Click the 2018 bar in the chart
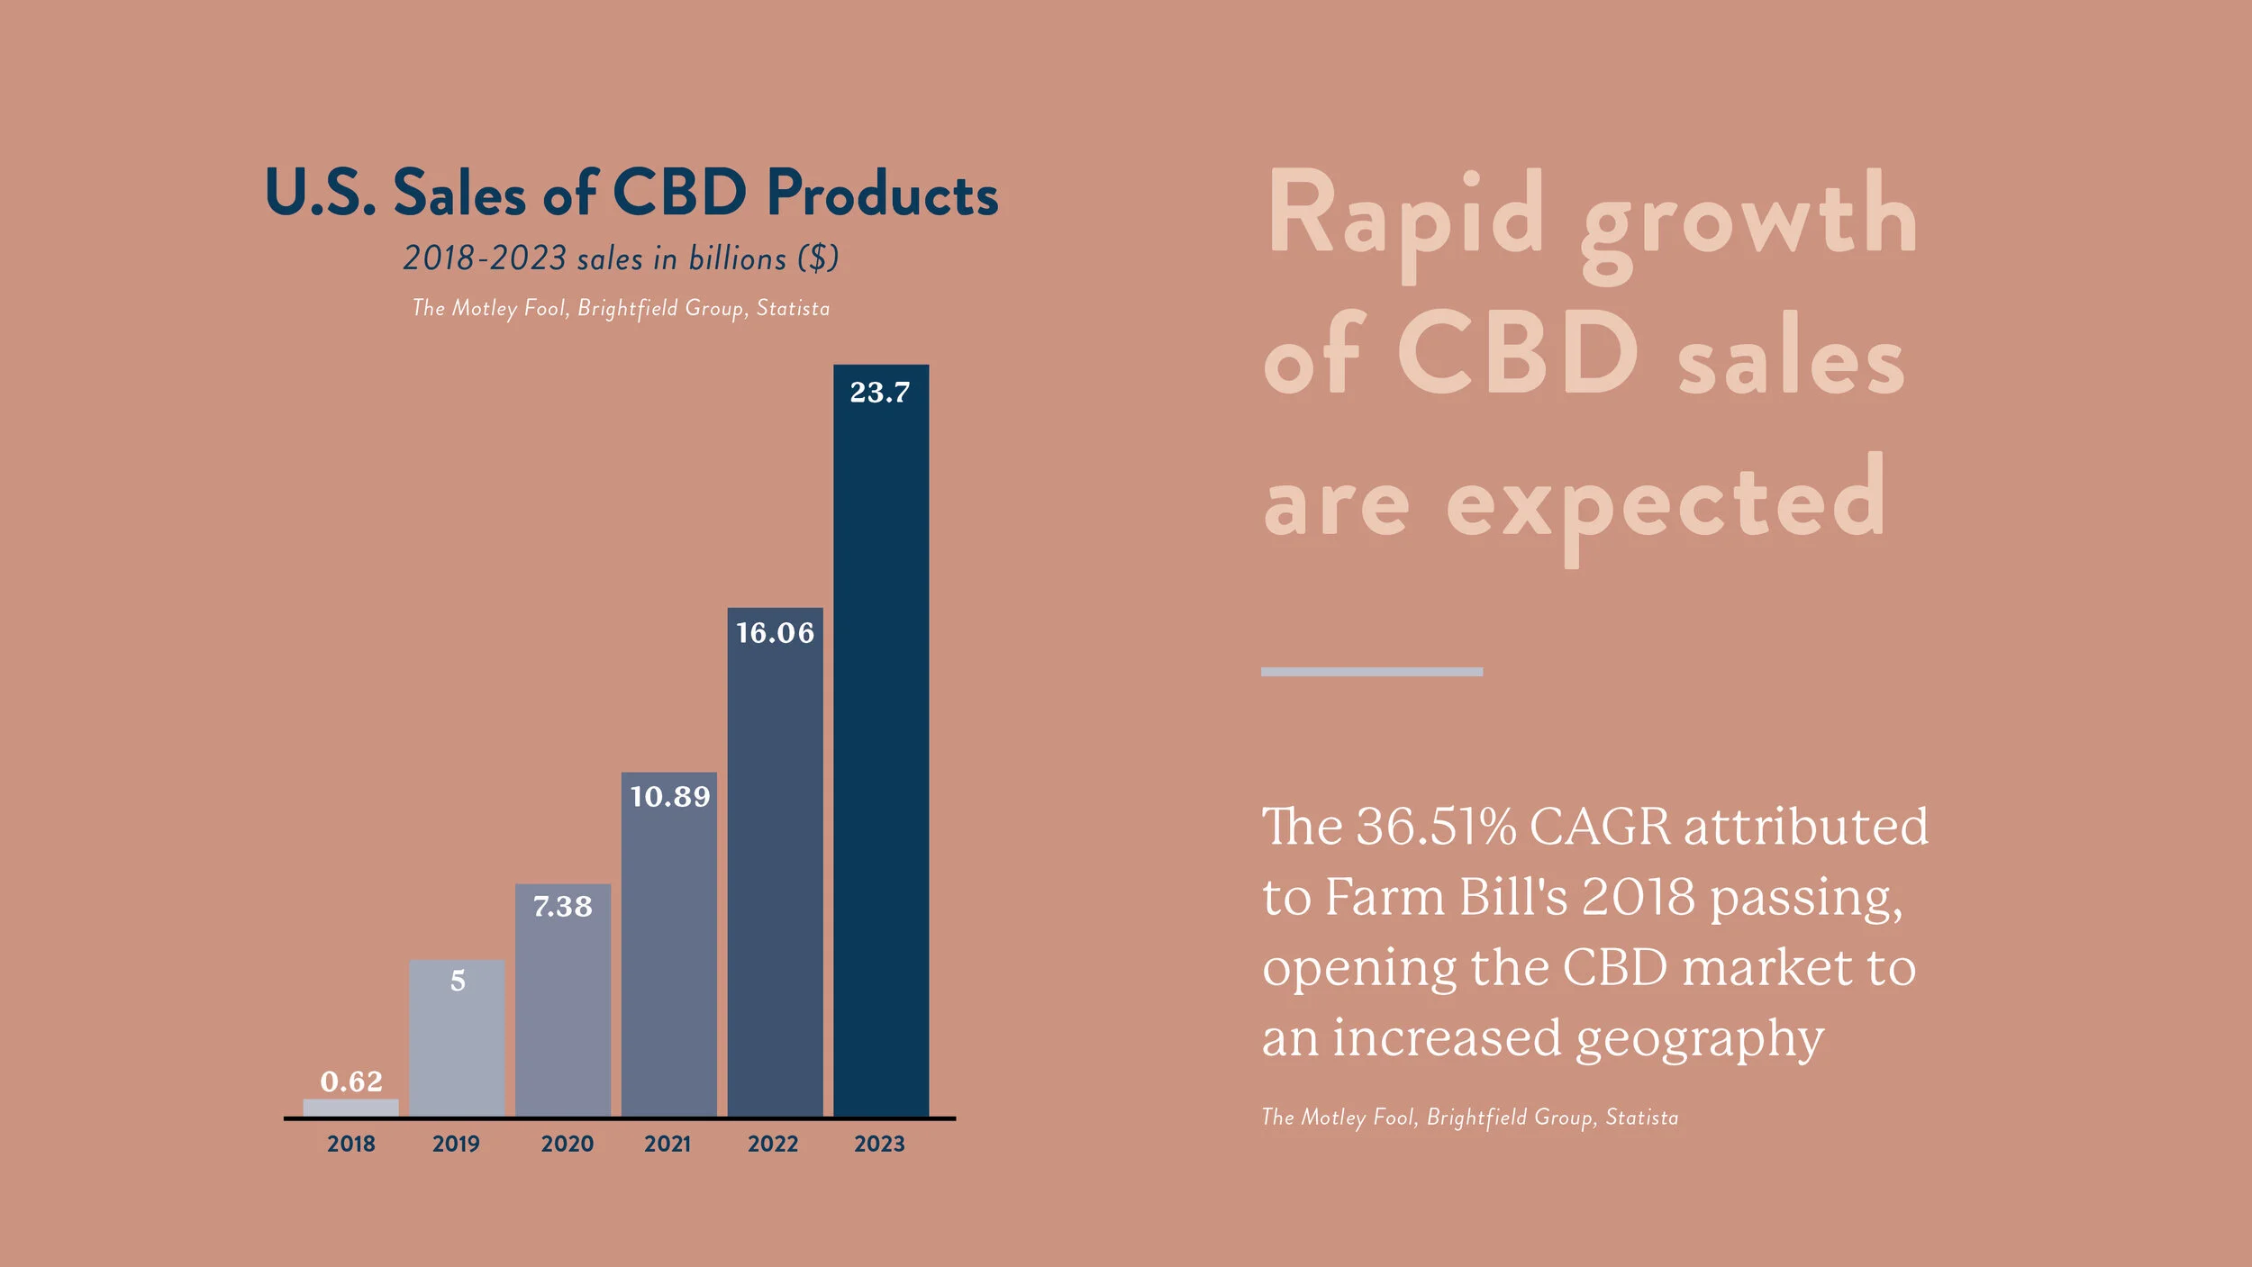pyautogui.click(x=350, y=1108)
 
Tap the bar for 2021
pyautogui.click(x=669, y=955)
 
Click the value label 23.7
pyautogui.click(x=880, y=393)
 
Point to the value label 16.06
pyautogui.click(x=775, y=633)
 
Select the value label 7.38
pyautogui.click(x=563, y=906)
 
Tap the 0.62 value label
pyautogui.click(x=351, y=1081)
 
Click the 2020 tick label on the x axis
pyautogui.click(x=568, y=1144)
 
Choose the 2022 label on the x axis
pyautogui.click(x=773, y=1144)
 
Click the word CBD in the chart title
pyautogui.click(x=680, y=193)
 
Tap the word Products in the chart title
pyautogui.click(x=883, y=195)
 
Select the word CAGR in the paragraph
pyautogui.click(x=1600, y=827)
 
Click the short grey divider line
pyautogui.click(x=1371, y=672)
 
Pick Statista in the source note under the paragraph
pyautogui.click(x=1642, y=1118)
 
